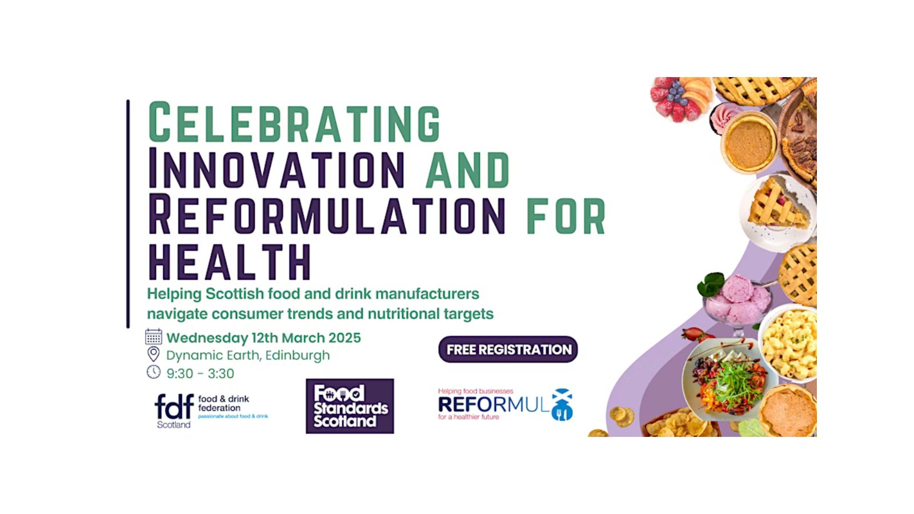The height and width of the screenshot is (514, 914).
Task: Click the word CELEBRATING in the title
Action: [294, 122]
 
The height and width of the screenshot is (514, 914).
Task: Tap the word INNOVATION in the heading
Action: [276, 168]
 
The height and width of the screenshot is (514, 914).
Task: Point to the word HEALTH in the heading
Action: [230, 262]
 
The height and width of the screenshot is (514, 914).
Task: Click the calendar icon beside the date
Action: [154, 336]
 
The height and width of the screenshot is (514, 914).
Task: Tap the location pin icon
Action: [154, 354]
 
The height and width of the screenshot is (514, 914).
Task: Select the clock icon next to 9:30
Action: [154, 372]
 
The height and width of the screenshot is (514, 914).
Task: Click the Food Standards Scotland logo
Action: [350, 406]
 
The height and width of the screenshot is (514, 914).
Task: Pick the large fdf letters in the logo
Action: [174, 406]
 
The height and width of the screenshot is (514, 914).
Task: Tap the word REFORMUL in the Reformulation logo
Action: [494, 405]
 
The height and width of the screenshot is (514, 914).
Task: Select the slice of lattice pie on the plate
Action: [777, 206]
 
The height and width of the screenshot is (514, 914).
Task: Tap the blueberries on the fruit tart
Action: [676, 94]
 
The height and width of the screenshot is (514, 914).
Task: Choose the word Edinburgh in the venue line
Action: [298, 355]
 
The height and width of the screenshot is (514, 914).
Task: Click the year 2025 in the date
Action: [345, 338]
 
